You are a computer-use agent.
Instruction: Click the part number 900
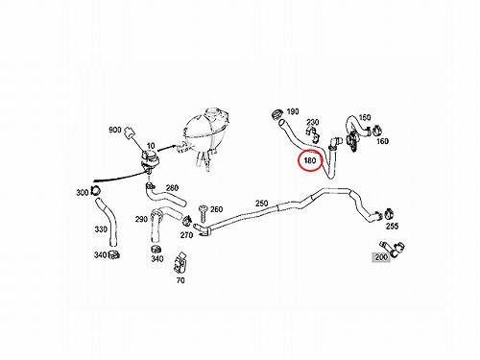point(115,130)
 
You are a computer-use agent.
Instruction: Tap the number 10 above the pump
point(151,146)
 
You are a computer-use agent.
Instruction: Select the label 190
point(293,111)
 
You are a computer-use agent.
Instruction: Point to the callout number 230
point(312,122)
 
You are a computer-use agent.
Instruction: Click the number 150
point(365,117)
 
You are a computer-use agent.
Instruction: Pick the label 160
point(382,141)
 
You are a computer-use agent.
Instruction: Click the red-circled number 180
point(310,160)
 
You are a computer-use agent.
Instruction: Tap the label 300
point(83,193)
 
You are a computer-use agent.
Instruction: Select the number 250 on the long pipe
point(261,204)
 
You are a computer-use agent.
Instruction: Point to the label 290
point(141,219)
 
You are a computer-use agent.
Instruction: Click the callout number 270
point(186,235)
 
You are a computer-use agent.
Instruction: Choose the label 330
point(101,229)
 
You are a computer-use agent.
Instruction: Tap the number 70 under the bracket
point(180,280)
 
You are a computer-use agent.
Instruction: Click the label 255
point(392,227)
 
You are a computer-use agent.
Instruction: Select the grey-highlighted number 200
point(381,257)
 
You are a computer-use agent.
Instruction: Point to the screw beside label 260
point(204,213)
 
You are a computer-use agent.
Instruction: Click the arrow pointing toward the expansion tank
point(166,148)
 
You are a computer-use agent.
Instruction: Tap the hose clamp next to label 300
point(95,190)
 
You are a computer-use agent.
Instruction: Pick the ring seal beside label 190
point(277,113)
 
